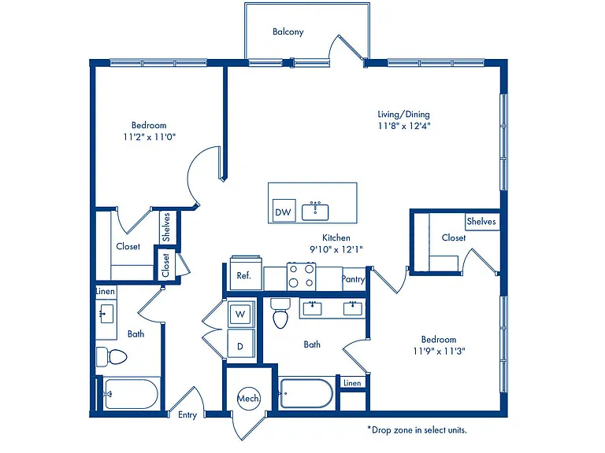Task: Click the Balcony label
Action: click(x=288, y=31)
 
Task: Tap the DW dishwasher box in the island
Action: click(x=284, y=211)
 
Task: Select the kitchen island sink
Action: click(x=315, y=211)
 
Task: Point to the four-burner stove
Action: click(x=302, y=276)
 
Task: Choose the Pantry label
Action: click(x=353, y=279)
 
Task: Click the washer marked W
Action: click(x=241, y=315)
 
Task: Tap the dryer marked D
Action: click(x=241, y=344)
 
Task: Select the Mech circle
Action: click(x=248, y=398)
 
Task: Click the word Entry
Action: click(x=187, y=415)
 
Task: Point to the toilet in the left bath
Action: click(x=112, y=357)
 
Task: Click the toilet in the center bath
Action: click(x=280, y=313)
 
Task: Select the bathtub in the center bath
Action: click(x=306, y=393)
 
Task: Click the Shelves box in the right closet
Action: click(x=482, y=222)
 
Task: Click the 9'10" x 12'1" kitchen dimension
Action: click(x=336, y=249)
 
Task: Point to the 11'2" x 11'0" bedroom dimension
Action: click(x=150, y=137)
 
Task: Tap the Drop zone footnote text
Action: click(x=417, y=430)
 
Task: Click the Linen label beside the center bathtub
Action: click(x=352, y=383)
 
